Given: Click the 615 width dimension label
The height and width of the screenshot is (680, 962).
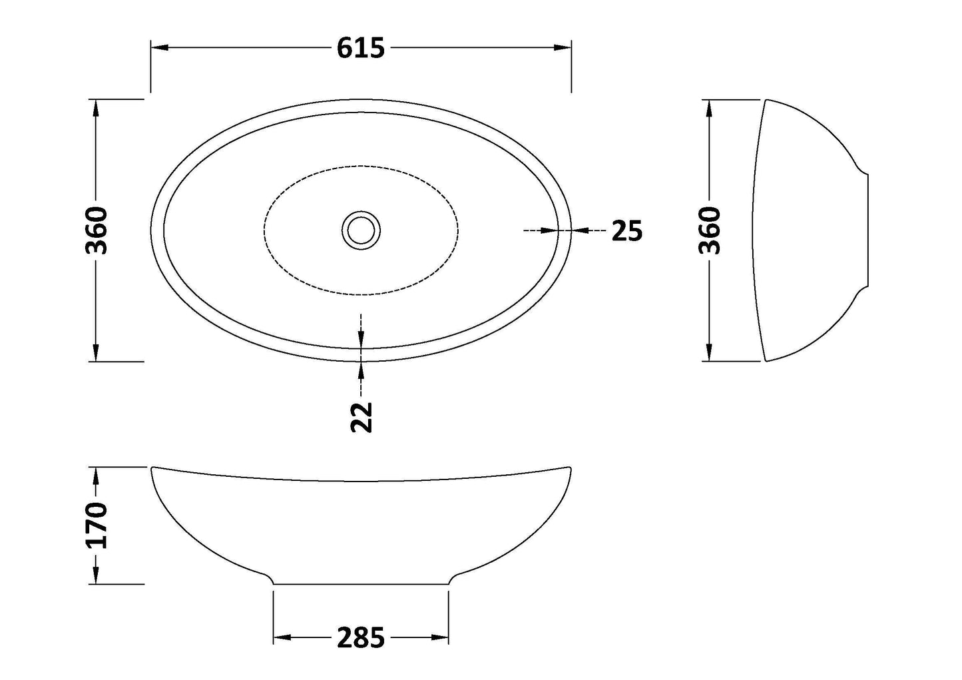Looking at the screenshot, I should point(361,48).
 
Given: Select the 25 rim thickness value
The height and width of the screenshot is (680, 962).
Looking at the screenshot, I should point(626,230).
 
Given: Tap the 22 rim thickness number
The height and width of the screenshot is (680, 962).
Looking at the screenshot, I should point(361,418).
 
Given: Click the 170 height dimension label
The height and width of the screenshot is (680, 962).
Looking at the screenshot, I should point(97,525).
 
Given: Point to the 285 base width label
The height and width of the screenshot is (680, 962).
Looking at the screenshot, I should point(361,638).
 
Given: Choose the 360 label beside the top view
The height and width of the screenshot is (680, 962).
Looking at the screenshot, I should point(97,230).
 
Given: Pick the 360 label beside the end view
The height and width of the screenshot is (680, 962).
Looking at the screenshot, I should point(710,230).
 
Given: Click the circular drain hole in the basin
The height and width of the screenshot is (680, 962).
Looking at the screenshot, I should point(361,230).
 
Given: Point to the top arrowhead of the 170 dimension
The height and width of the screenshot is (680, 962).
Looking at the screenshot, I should point(97,475).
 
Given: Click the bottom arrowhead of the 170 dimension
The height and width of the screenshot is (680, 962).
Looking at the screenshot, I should point(97,576).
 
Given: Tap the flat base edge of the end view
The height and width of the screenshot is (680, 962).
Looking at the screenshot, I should point(868,230).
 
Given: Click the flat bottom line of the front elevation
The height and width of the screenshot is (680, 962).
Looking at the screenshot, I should point(361,584).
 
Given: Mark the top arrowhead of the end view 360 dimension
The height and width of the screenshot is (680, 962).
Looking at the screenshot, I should point(710,108).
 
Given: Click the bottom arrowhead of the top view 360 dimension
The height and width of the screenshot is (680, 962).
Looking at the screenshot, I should point(97,353).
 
